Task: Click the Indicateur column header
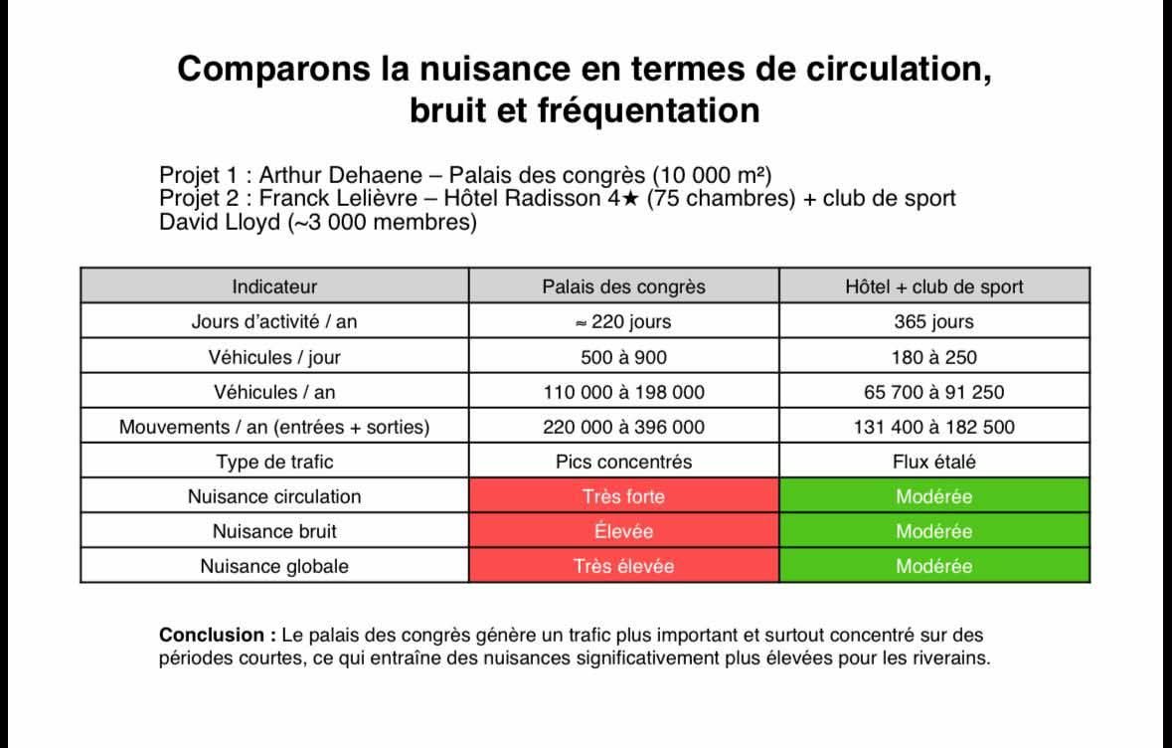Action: pyautogui.click(x=274, y=286)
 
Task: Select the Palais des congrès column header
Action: pyautogui.click(x=623, y=286)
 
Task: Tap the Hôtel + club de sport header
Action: pyautogui.click(x=933, y=286)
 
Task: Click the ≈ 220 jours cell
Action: pyautogui.click(x=623, y=321)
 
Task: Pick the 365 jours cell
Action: pyautogui.click(x=933, y=321)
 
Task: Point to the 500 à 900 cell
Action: pyautogui.click(x=623, y=357)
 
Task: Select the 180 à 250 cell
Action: pyautogui.click(x=933, y=357)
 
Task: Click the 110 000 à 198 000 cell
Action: pyautogui.click(x=623, y=392)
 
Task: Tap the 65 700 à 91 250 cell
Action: pyautogui.click(x=933, y=392)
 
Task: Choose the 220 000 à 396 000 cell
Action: pyautogui.click(x=623, y=427)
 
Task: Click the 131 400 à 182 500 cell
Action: pyautogui.click(x=933, y=427)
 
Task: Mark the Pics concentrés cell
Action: pyautogui.click(x=623, y=462)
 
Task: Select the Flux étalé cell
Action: pyautogui.click(x=933, y=462)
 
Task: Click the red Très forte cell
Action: pyautogui.click(x=623, y=496)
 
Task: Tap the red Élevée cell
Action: pyautogui.click(x=623, y=531)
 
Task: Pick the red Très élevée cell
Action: pyautogui.click(x=623, y=566)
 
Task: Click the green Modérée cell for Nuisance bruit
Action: pyautogui.click(x=933, y=531)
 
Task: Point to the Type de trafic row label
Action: pyautogui.click(x=274, y=462)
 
